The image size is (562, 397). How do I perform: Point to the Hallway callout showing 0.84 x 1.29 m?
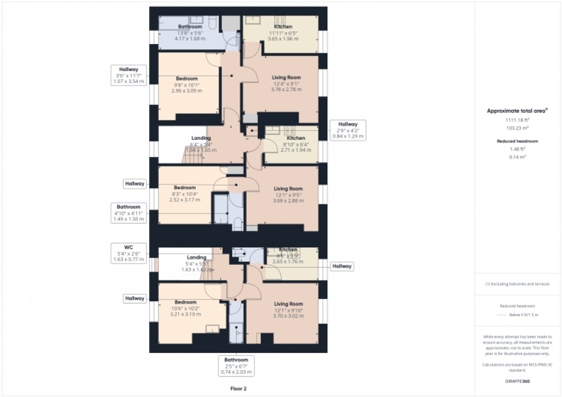pyautogui.click(x=348, y=131)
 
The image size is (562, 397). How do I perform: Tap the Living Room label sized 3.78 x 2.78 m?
pyautogui.click(x=286, y=83)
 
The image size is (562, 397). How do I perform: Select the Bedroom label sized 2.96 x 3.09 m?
pyautogui.click(x=187, y=84)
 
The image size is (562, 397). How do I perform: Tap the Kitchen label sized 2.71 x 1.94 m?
pyautogui.click(x=295, y=144)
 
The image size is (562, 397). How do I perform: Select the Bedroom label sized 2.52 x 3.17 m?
pyautogui.click(x=185, y=194)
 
